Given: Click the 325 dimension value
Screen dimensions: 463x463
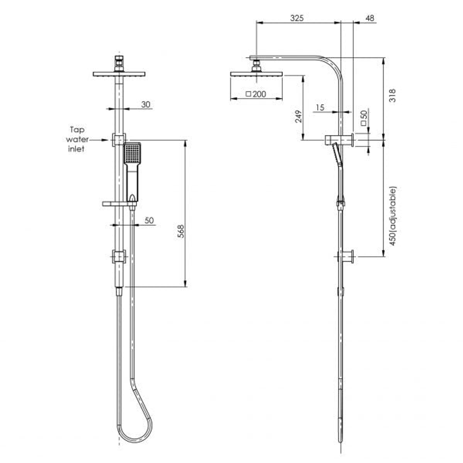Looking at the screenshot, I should (x=297, y=18).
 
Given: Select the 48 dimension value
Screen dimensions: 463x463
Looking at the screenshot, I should (x=369, y=18).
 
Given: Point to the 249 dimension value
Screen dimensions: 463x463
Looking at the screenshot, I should (x=299, y=116).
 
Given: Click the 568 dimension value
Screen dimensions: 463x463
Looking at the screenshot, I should (x=181, y=231).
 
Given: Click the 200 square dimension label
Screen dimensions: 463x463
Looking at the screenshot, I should (x=256, y=94).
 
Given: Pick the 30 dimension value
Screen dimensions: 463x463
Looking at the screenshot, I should (x=146, y=104).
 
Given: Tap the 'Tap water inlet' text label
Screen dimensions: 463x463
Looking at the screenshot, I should (x=78, y=139).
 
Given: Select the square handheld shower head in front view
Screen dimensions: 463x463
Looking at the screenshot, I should (x=132, y=153).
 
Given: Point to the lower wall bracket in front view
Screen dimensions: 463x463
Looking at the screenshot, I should (x=119, y=257).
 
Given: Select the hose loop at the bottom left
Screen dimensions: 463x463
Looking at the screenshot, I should (x=135, y=424).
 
